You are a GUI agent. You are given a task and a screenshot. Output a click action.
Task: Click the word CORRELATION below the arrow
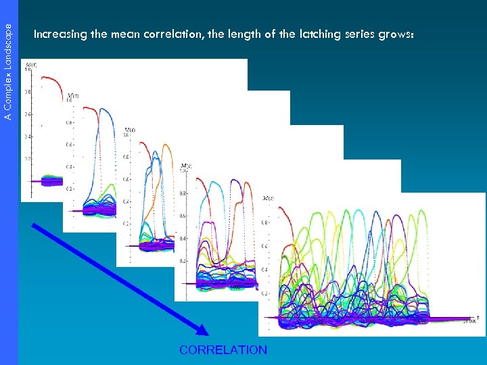[x=223, y=350]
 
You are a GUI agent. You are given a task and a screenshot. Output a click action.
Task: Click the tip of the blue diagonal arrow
[x=206, y=333]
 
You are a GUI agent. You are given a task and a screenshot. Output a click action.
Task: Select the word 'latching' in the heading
[x=305, y=34]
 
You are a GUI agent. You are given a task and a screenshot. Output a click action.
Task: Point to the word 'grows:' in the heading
[x=404, y=34]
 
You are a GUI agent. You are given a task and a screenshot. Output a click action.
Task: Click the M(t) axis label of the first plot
[x=31, y=64]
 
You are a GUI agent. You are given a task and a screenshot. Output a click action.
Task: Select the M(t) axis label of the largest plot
[x=268, y=199]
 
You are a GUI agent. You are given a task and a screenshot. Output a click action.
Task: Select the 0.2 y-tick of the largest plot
[x=265, y=294]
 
